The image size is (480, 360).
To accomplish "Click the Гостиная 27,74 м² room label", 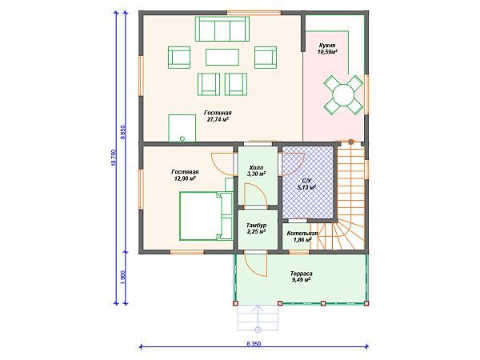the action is click(218, 116).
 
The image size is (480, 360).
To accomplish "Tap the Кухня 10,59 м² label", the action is click(327, 49).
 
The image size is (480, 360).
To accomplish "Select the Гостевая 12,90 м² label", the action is click(186, 174).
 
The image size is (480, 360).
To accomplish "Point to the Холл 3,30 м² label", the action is click(256, 171).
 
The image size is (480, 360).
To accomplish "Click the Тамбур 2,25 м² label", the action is click(256, 228).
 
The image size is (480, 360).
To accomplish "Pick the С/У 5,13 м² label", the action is click(307, 184).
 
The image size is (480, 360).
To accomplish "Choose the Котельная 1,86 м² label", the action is click(302, 237).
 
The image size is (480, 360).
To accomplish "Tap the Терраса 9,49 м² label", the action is click(302, 276).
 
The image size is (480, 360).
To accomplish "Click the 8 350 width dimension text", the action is click(254, 344).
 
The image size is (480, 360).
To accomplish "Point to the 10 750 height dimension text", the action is click(114, 158).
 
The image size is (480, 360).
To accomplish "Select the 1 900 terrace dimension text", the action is click(123, 278).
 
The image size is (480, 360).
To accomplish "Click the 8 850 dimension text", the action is click(123, 132).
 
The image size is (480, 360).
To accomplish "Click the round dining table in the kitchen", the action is click(343, 94).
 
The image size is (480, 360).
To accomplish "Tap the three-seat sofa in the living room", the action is click(222, 29).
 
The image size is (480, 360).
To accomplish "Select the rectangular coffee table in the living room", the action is click(222, 58).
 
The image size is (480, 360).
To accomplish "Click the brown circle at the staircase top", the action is click(351, 142).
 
